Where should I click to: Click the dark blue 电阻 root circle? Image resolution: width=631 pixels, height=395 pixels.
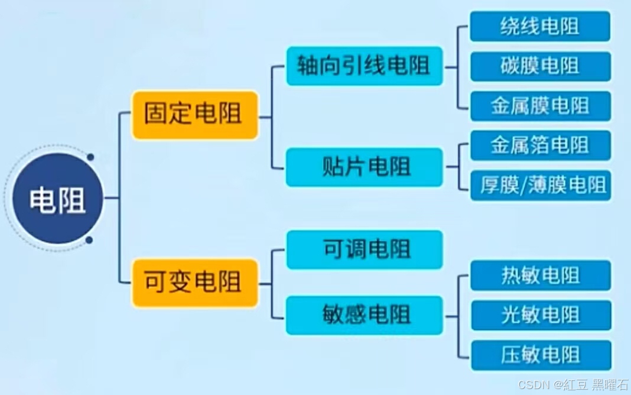[58, 199]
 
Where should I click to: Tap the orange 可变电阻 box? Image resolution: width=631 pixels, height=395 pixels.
[194, 282]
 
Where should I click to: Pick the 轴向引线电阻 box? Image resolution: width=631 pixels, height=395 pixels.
[364, 66]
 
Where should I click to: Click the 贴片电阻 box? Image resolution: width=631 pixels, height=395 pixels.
[364, 167]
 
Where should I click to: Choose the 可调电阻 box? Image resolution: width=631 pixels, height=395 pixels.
[364, 250]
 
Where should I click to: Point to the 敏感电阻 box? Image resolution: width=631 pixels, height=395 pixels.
[364, 315]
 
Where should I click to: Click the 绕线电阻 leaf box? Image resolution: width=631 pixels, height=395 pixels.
[540, 27]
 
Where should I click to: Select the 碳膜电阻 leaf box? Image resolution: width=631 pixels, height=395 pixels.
[540, 66]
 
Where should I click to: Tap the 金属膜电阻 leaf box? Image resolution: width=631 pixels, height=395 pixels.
[540, 106]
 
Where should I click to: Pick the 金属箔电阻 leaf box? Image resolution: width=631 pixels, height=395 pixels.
[540, 145]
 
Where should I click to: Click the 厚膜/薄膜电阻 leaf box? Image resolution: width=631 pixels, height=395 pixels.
[540, 185]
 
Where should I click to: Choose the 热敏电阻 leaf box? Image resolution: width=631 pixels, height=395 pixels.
[540, 276]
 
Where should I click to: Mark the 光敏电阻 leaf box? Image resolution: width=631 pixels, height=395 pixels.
[540, 315]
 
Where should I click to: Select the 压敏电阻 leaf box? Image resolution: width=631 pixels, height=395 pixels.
[540, 355]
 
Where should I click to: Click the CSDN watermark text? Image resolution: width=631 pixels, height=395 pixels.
[534, 385]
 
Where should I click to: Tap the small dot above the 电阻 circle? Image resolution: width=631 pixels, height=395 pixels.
[90, 157]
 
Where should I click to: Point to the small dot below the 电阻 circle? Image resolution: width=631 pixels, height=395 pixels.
[89, 240]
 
